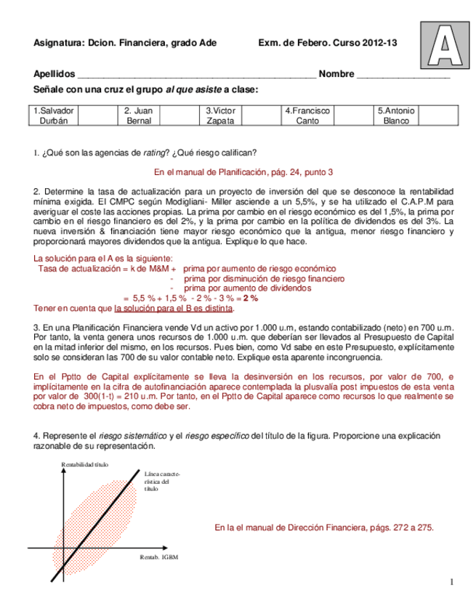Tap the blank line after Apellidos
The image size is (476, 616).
pos(196,76)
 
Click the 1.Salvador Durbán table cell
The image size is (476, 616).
pos(55,115)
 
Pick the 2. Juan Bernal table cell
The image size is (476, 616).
pos(138,115)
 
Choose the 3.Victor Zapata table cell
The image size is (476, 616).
pos(220,115)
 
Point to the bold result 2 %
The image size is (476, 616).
pos(250,298)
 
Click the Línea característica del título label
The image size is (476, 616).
pos(157,481)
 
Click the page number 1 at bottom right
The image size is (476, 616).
pos(451,581)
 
